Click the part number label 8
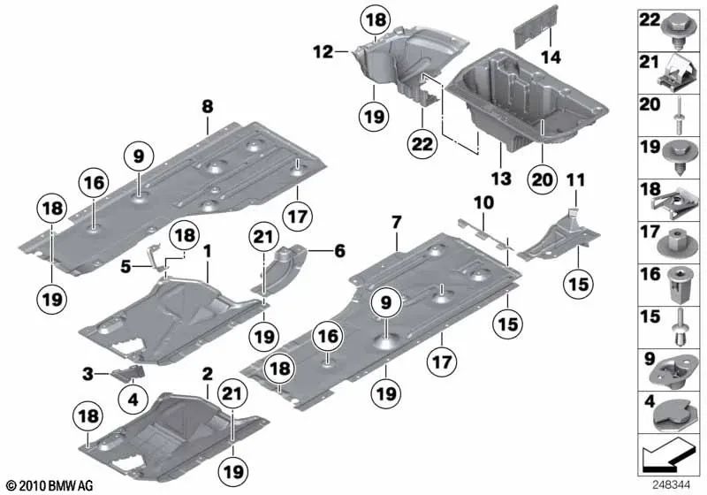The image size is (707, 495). pyautogui.click(x=207, y=107)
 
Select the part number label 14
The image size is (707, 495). pyautogui.click(x=551, y=57)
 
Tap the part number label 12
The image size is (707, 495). pyautogui.click(x=323, y=52)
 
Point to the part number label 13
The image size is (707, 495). pyautogui.click(x=501, y=179)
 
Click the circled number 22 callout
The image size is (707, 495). pyautogui.click(x=422, y=144)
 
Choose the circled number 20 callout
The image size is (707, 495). pyautogui.click(x=543, y=179)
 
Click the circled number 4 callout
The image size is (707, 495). pyautogui.click(x=133, y=399)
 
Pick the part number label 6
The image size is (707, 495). pyautogui.click(x=339, y=251)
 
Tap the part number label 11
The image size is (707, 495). pyautogui.click(x=576, y=180)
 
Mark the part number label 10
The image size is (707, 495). pyautogui.click(x=483, y=203)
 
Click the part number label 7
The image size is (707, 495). pyautogui.click(x=396, y=222)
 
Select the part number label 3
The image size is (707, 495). pyautogui.click(x=87, y=374)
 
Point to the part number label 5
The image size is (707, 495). pyautogui.click(x=125, y=267)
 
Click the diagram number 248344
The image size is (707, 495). pyautogui.click(x=671, y=485)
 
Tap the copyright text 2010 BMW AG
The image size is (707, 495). pyautogui.click(x=49, y=485)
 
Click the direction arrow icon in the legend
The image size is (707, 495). pyautogui.click(x=667, y=453)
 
